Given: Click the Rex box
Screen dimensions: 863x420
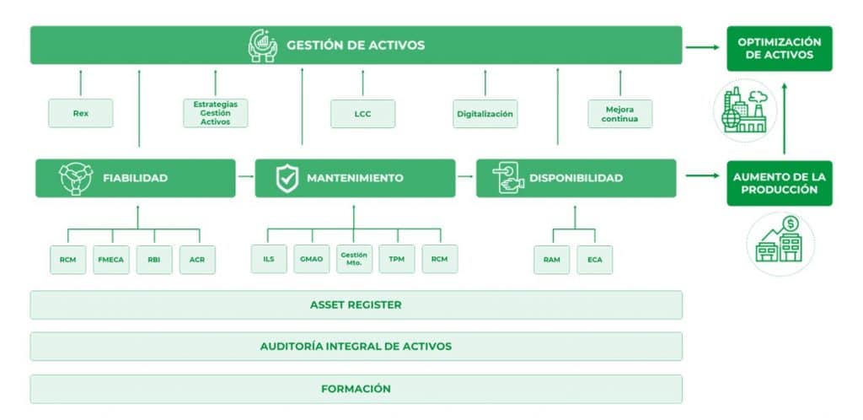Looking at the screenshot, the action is point(80,113).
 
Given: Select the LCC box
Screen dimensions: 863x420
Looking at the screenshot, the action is point(362,114).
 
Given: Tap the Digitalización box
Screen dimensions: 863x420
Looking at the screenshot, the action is point(485,114).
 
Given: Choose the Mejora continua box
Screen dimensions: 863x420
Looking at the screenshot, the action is point(619,114).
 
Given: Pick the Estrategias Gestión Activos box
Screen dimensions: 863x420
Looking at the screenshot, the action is point(215,113).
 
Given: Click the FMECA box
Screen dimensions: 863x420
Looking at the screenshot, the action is point(111,260).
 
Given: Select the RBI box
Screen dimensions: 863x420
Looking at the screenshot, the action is point(154,260).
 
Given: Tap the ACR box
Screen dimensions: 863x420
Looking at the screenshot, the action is point(197,260).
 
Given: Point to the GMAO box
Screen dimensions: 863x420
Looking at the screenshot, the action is point(312,259).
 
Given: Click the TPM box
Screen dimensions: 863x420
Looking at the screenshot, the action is point(397,259).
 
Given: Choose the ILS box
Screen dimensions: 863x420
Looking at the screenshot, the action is point(269,259).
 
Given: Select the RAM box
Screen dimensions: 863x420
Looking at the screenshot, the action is point(551,260).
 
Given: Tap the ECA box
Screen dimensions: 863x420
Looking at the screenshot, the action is point(594,260).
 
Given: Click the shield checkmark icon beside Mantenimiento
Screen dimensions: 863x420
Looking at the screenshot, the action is point(287,178).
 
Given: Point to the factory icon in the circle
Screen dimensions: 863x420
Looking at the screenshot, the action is point(745,110).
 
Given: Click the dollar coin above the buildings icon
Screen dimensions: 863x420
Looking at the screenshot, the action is point(791,223).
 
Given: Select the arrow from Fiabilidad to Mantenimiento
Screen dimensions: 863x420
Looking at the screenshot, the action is point(245,177).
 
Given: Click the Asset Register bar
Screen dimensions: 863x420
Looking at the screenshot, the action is point(356,305).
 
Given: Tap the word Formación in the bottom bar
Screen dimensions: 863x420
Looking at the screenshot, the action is point(356,389).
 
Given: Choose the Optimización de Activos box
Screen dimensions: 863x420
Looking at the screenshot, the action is point(780,48).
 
